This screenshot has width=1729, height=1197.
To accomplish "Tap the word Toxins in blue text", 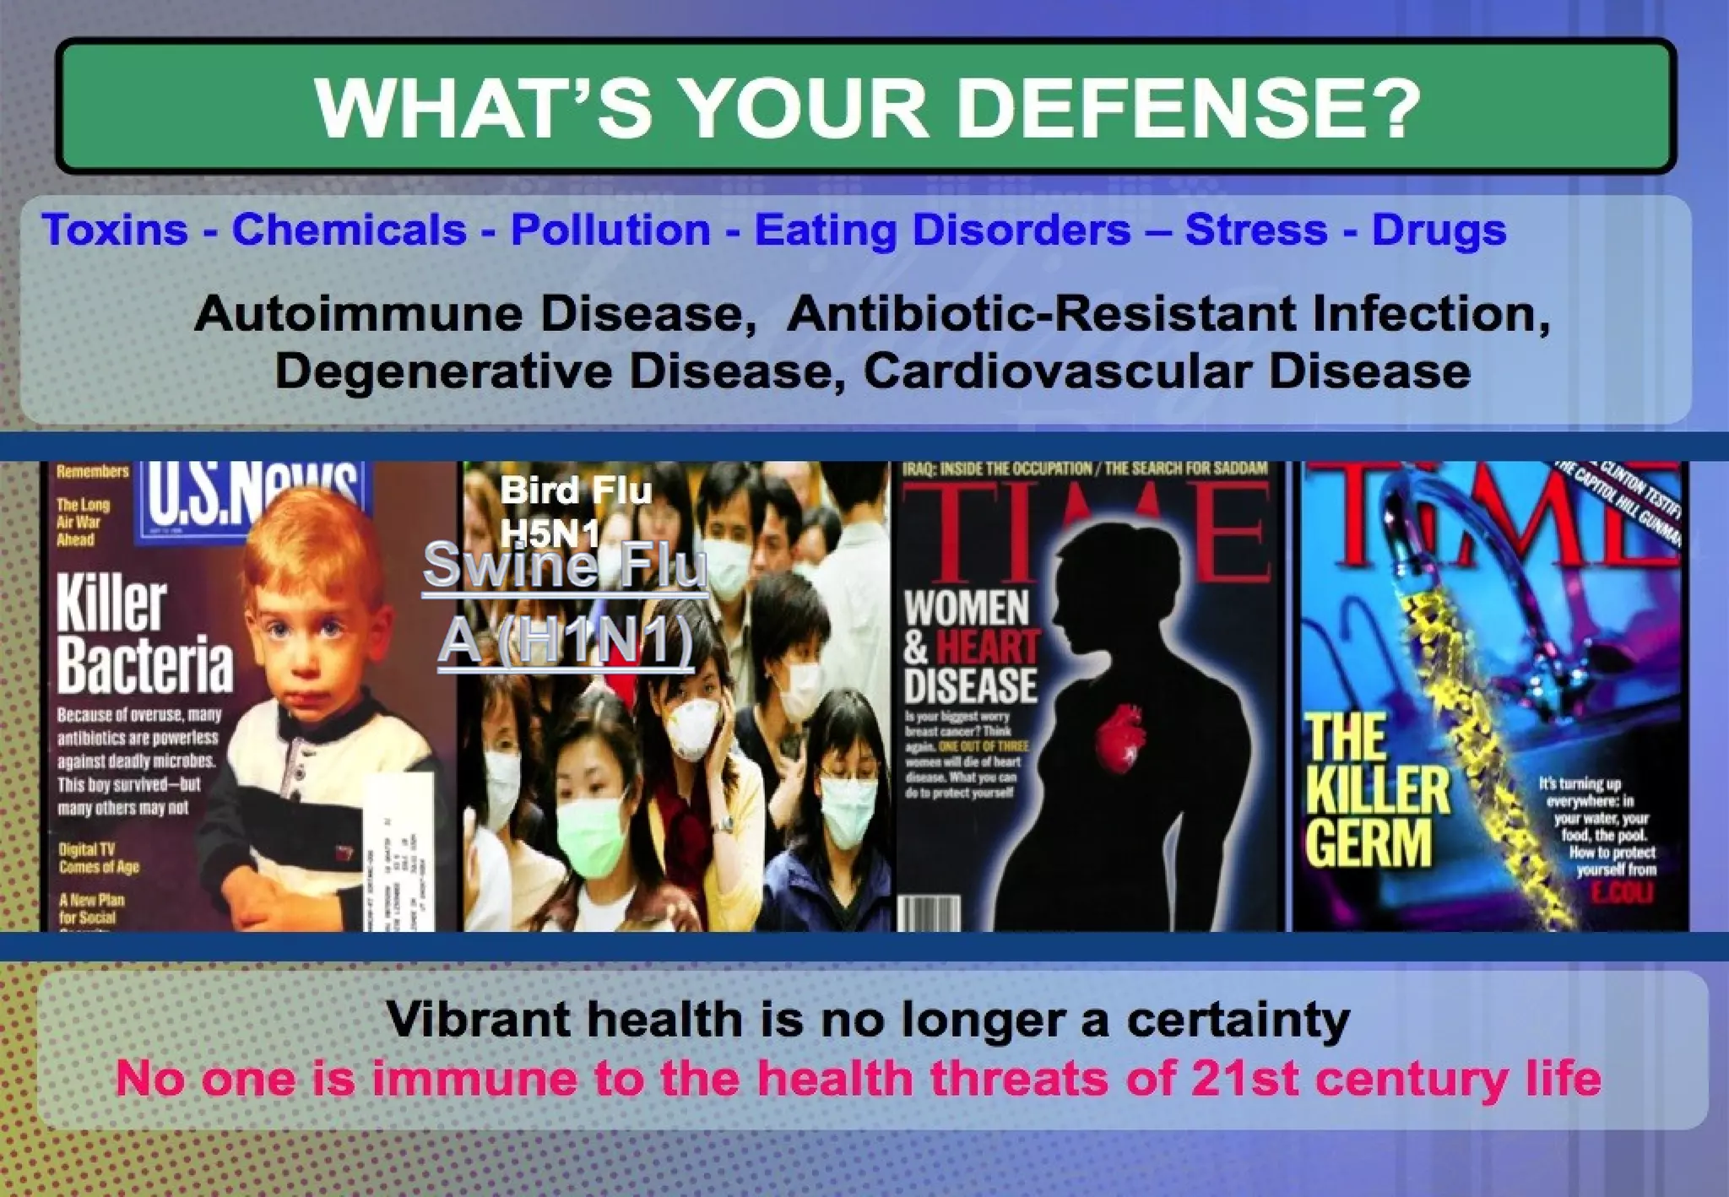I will (115, 230).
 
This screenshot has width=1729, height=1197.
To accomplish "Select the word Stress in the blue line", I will (1255, 230).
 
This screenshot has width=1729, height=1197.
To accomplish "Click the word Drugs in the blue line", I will (1439, 230).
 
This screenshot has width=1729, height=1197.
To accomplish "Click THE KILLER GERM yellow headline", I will (1376, 790).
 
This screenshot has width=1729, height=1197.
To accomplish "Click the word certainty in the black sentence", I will (1238, 1019).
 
